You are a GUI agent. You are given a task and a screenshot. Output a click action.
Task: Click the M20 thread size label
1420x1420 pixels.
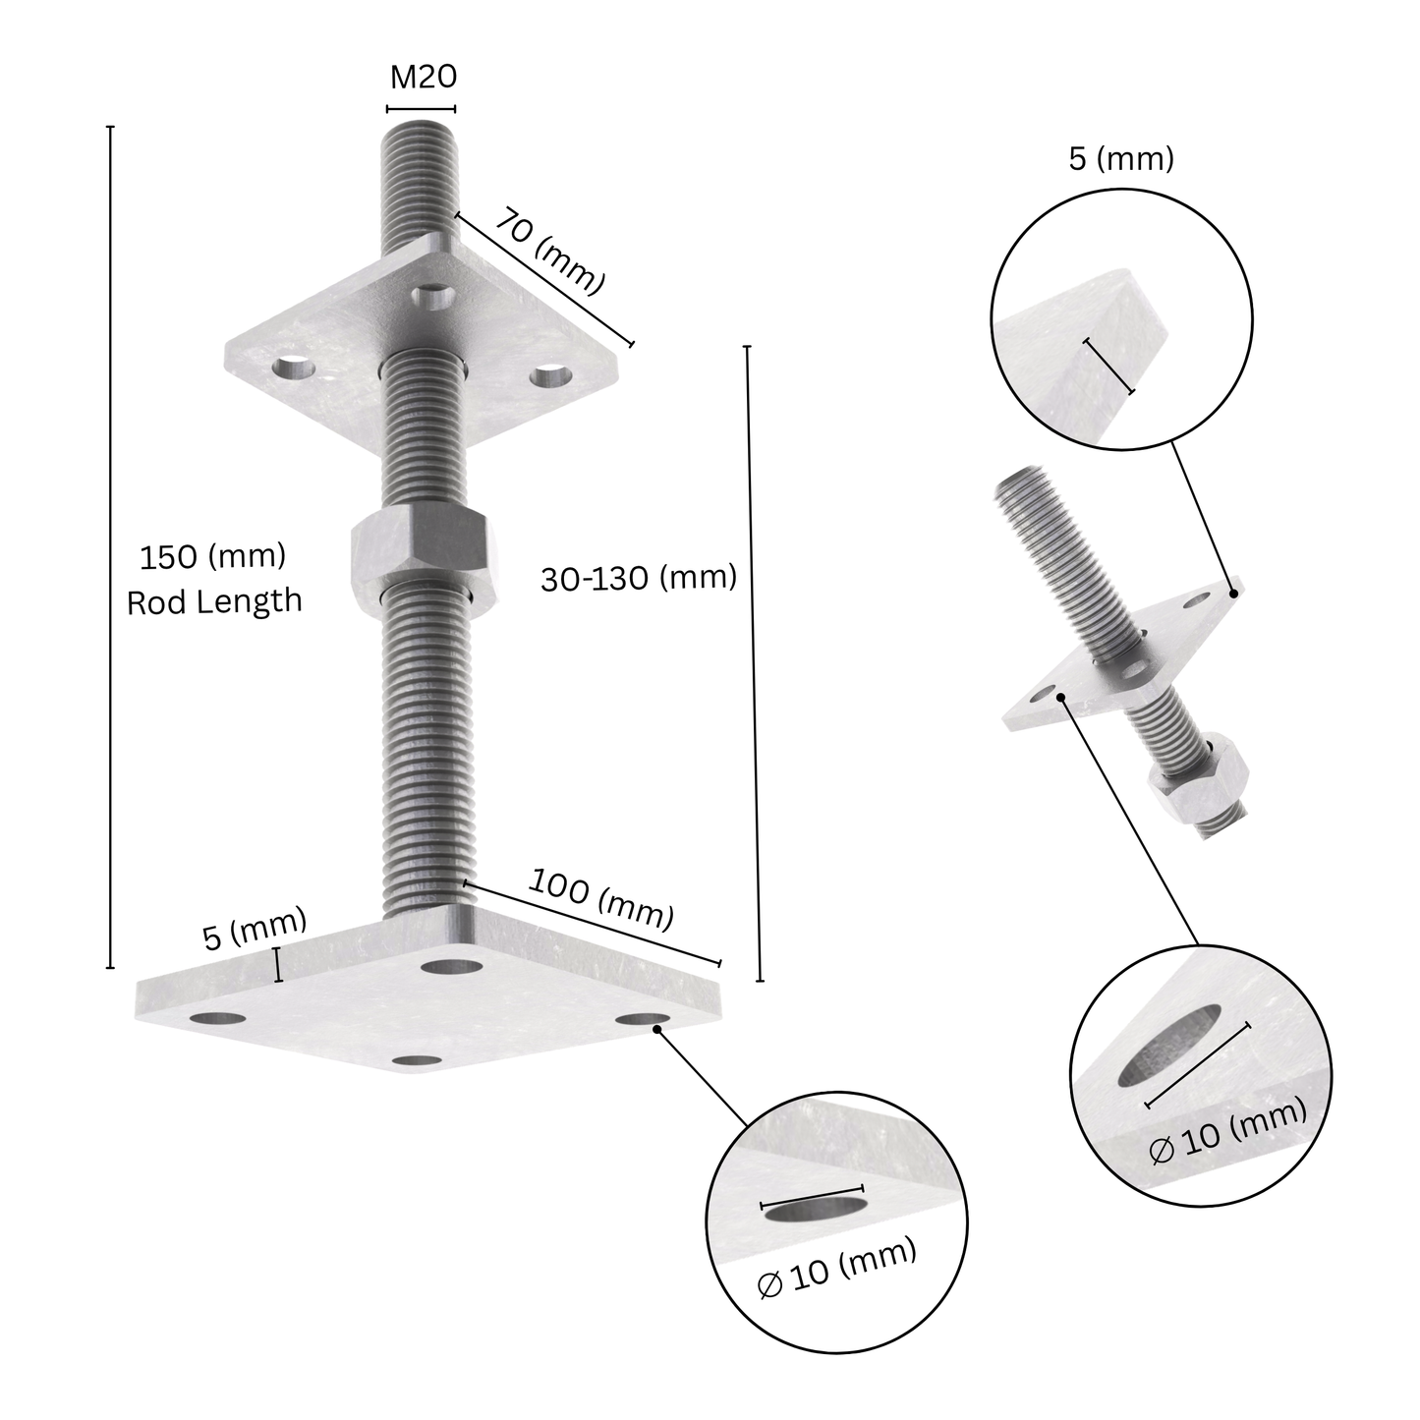[423, 77]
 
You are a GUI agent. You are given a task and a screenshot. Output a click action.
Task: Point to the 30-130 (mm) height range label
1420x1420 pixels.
[639, 578]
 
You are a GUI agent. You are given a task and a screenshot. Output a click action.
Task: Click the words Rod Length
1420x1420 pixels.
[214, 600]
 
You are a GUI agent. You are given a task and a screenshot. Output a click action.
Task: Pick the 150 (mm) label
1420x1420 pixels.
[212, 557]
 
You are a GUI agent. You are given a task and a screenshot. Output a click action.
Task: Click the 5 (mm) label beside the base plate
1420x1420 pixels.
[255, 930]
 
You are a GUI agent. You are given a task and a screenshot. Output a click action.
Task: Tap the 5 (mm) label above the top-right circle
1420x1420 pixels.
[1121, 159]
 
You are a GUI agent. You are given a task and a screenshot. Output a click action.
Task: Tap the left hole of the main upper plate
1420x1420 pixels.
[294, 369]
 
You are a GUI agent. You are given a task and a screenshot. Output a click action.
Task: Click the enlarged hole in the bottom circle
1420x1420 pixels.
[817, 1210]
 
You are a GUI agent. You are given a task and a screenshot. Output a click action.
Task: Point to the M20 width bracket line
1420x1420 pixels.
[422, 107]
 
